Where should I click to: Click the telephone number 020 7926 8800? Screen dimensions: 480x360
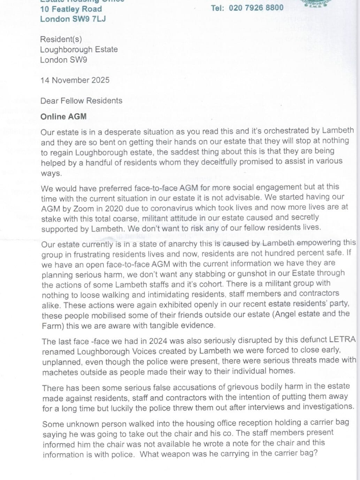point(256,8)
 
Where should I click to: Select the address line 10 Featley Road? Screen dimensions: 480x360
point(71,9)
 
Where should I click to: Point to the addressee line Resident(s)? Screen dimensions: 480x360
point(61,39)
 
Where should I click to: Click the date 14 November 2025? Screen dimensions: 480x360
point(75,80)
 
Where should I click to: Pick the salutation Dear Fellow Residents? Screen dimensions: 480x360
point(81,101)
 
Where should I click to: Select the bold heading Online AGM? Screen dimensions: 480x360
point(63,117)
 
